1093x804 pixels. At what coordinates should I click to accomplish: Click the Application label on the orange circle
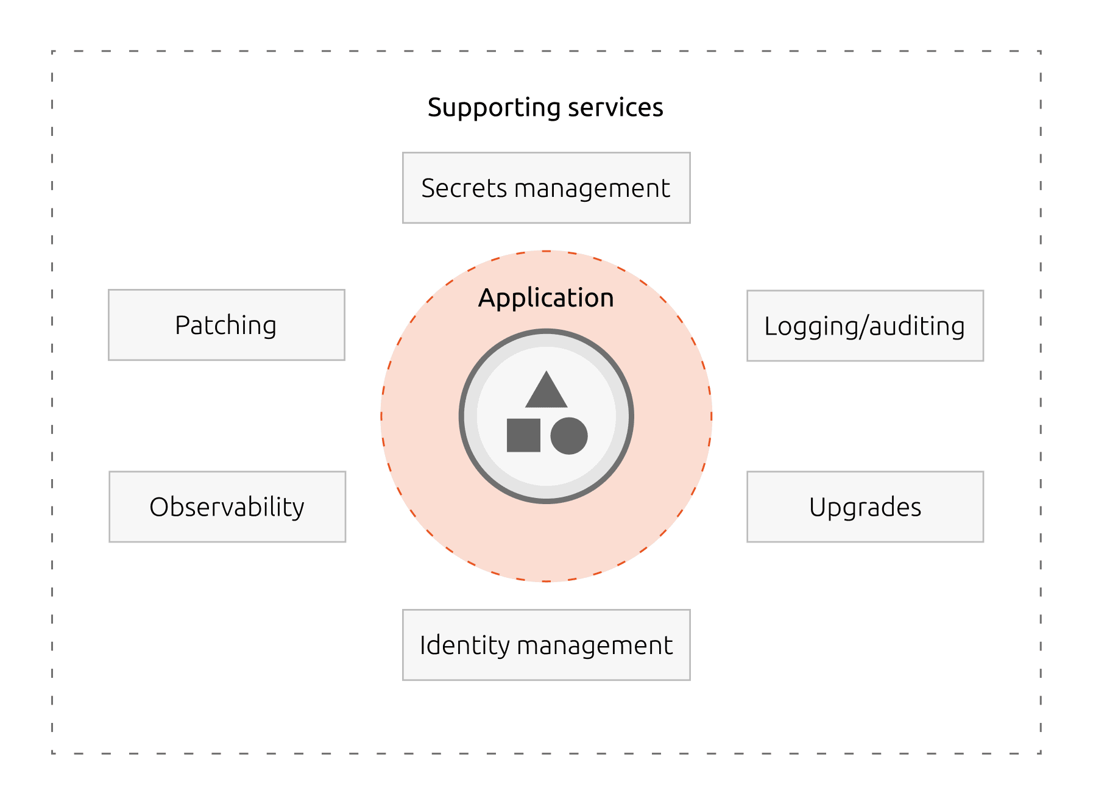pos(546,298)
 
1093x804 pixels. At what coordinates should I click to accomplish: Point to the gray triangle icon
pos(546,392)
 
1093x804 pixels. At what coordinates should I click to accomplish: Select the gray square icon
pos(523,435)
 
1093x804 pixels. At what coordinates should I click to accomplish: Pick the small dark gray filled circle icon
pos(569,436)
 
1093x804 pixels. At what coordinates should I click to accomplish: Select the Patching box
pos(227,325)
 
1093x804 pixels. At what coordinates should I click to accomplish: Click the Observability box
pos(227,507)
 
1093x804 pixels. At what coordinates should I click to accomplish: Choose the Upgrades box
pos(865,507)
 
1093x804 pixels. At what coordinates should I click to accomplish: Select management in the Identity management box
pos(597,646)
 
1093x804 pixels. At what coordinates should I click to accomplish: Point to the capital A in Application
pos(487,298)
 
